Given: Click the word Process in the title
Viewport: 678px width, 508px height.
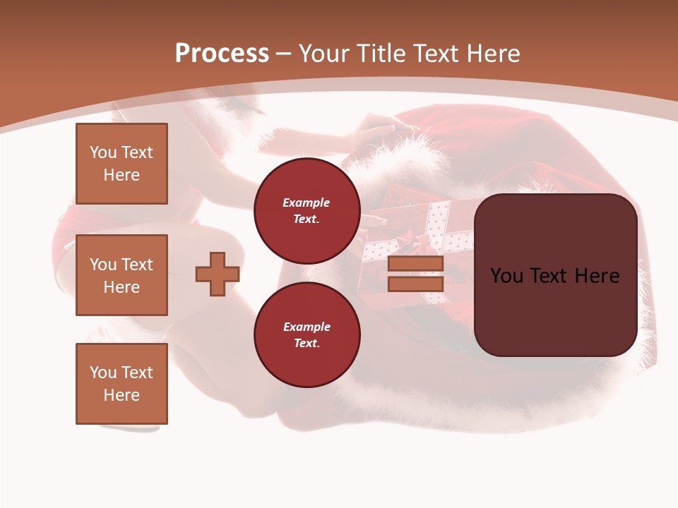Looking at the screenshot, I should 222,54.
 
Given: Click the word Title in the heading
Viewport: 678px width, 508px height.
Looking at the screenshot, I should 379,54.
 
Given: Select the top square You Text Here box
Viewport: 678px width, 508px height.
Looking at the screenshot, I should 121,164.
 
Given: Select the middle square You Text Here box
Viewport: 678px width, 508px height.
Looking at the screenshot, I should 121,275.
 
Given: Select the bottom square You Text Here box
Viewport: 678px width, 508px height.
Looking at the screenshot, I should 121,384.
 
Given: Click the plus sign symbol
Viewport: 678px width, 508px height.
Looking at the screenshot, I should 218,274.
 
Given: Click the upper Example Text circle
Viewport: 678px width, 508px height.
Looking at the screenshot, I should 307,211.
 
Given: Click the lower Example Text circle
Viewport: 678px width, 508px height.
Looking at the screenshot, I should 307,335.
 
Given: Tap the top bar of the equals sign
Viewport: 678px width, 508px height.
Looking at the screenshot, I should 415,264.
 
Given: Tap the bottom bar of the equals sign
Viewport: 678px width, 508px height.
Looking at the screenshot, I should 415,284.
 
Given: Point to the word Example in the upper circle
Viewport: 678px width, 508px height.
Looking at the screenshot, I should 307,203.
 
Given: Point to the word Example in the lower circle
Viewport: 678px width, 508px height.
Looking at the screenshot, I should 307,327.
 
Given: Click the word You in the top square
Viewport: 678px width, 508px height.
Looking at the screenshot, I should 103,152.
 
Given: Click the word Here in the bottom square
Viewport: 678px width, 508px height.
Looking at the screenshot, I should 121,395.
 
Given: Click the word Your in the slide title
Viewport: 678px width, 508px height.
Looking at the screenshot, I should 323,54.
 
